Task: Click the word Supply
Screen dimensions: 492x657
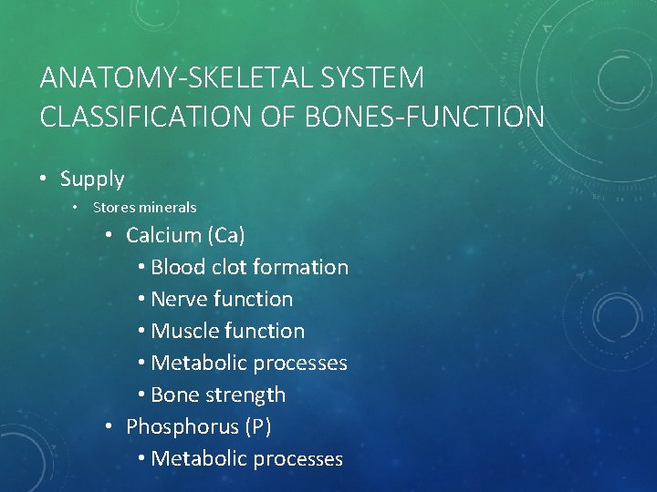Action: pos(92,179)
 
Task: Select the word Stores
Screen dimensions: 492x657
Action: pos(111,208)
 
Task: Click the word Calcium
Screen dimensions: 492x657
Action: pos(163,235)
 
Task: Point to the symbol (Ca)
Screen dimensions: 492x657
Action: pos(226,235)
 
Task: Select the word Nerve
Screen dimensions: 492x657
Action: pos(177,299)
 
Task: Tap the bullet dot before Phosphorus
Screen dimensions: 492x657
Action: pos(109,426)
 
